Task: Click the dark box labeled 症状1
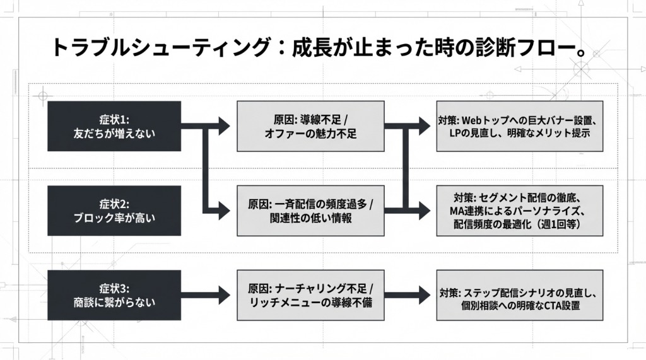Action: [114, 126]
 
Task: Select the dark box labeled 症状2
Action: [114, 211]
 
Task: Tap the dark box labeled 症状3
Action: [114, 295]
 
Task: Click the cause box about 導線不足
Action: [310, 126]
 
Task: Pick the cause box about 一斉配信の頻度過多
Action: [310, 211]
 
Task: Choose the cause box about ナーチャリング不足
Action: [310, 295]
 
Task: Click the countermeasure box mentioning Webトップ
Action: [519, 126]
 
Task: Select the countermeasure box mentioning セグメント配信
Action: [519, 211]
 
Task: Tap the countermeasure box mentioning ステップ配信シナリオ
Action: [519, 295]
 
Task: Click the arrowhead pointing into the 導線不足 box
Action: [224, 125]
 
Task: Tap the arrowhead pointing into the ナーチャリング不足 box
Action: [224, 294]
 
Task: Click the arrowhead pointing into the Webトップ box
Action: [425, 125]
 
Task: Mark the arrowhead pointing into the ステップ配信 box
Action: [425, 294]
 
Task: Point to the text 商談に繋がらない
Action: [114, 303]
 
